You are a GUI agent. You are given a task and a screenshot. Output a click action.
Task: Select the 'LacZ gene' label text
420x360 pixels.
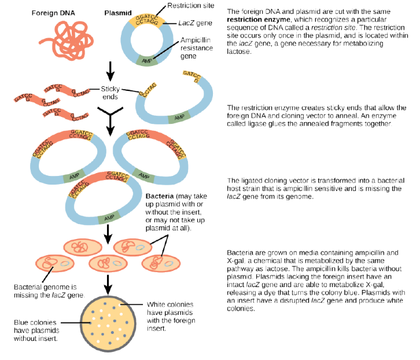pos(194,24)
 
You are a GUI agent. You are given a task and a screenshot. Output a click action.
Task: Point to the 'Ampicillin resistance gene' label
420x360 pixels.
pos(197,49)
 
